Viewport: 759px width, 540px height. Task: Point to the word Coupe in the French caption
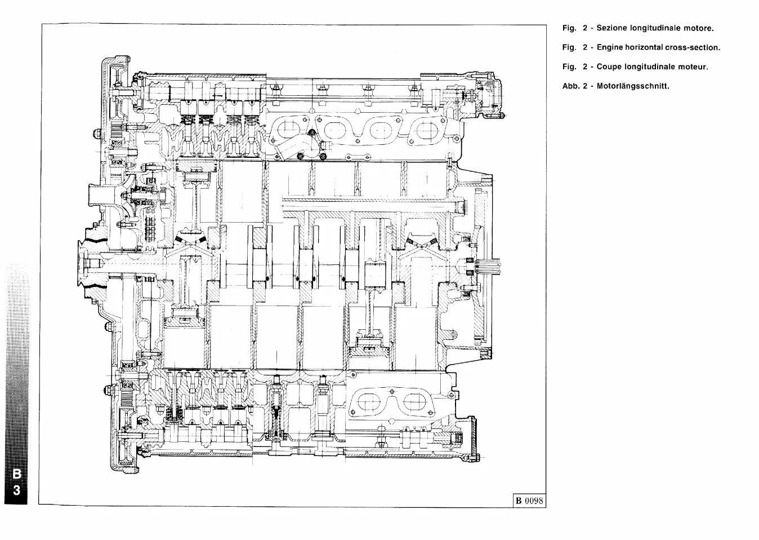click(x=609, y=67)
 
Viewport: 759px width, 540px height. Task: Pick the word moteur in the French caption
click(x=692, y=67)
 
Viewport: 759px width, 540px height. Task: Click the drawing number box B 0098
click(x=529, y=500)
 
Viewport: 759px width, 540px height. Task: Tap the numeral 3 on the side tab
click(x=17, y=490)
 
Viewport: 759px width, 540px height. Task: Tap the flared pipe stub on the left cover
click(x=97, y=197)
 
